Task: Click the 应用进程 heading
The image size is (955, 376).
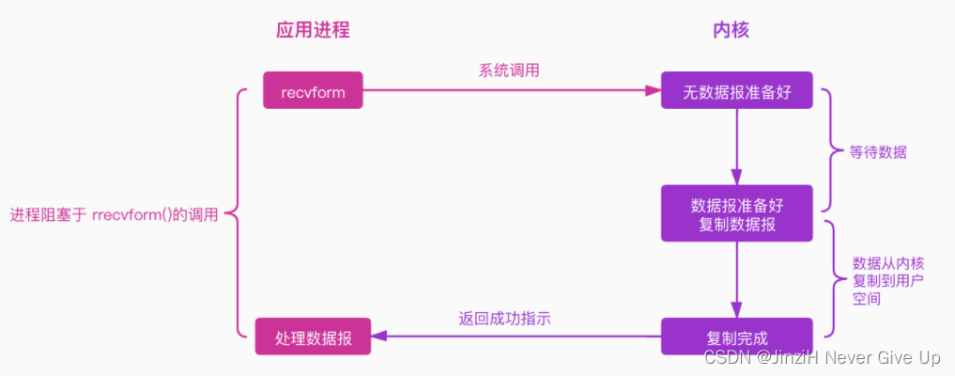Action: (x=313, y=30)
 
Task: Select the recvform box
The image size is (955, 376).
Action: (x=313, y=91)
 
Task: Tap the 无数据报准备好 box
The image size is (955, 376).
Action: (x=735, y=90)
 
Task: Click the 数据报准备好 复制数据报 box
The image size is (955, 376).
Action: (x=735, y=212)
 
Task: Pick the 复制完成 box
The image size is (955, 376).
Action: (x=735, y=337)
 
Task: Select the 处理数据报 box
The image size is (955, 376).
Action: (x=313, y=337)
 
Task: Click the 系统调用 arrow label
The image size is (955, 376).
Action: (x=508, y=70)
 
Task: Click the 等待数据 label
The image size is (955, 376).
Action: (x=878, y=151)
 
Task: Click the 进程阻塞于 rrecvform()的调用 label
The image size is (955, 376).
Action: (x=114, y=214)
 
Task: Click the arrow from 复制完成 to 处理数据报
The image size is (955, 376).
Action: (x=516, y=337)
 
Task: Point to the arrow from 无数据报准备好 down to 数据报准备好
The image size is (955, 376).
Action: (x=736, y=147)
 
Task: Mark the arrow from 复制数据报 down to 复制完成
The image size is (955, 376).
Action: (x=736, y=278)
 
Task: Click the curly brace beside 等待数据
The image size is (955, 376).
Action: (x=829, y=150)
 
